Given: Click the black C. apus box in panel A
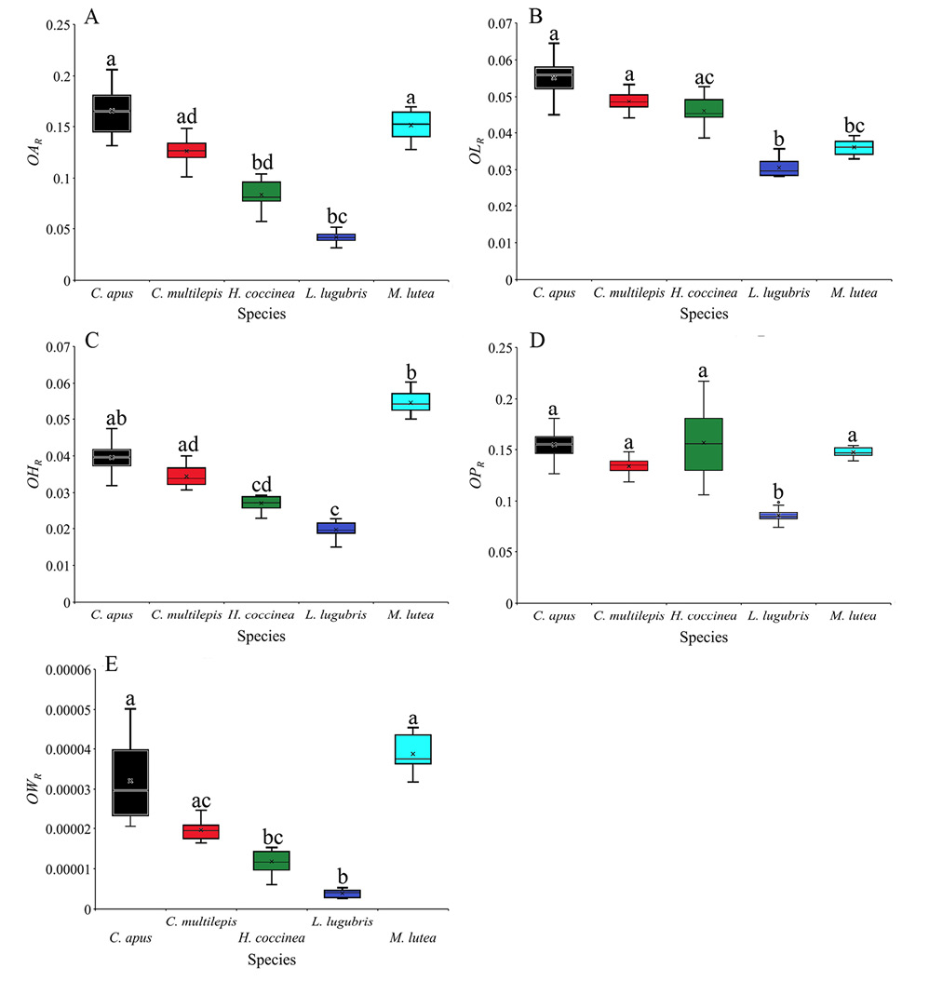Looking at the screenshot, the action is click(x=112, y=114).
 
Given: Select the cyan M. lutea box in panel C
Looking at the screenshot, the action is click(x=411, y=402).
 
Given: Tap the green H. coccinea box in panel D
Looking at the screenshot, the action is click(x=704, y=444).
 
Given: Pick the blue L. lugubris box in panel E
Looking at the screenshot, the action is click(x=343, y=894).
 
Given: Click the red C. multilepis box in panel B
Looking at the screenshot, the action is click(x=628, y=101).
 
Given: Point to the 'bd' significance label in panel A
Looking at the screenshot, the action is click(x=263, y=162).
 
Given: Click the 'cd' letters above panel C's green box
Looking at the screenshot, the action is click(x=262, y=485).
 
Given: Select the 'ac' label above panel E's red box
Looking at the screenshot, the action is click(x=201, y=801).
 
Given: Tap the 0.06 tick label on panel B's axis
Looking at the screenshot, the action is click(x=499, y=60).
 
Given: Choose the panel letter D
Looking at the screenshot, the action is click(x=537, y=341).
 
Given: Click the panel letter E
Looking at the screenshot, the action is click(x=112, y=664).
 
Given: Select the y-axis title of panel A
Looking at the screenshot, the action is click(x=35, y=152).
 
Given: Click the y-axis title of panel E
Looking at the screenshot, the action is click(x=35, y=788).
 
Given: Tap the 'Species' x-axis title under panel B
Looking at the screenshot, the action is click(x=704, y=314).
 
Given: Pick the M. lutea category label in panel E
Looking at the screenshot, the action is click(x=413, y=937).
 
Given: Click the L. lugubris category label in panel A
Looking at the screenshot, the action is click(x=336, y=293).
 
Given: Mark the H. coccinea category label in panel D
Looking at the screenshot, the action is click(x=704, y=615).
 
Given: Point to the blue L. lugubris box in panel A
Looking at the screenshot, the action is click(x=337, y=237).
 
